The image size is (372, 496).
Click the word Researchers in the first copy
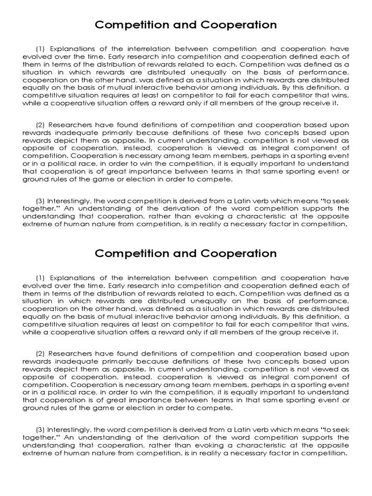pos(72,125)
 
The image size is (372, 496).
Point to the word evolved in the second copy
pos(35,285)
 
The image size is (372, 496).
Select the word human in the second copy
pos(77,453)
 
